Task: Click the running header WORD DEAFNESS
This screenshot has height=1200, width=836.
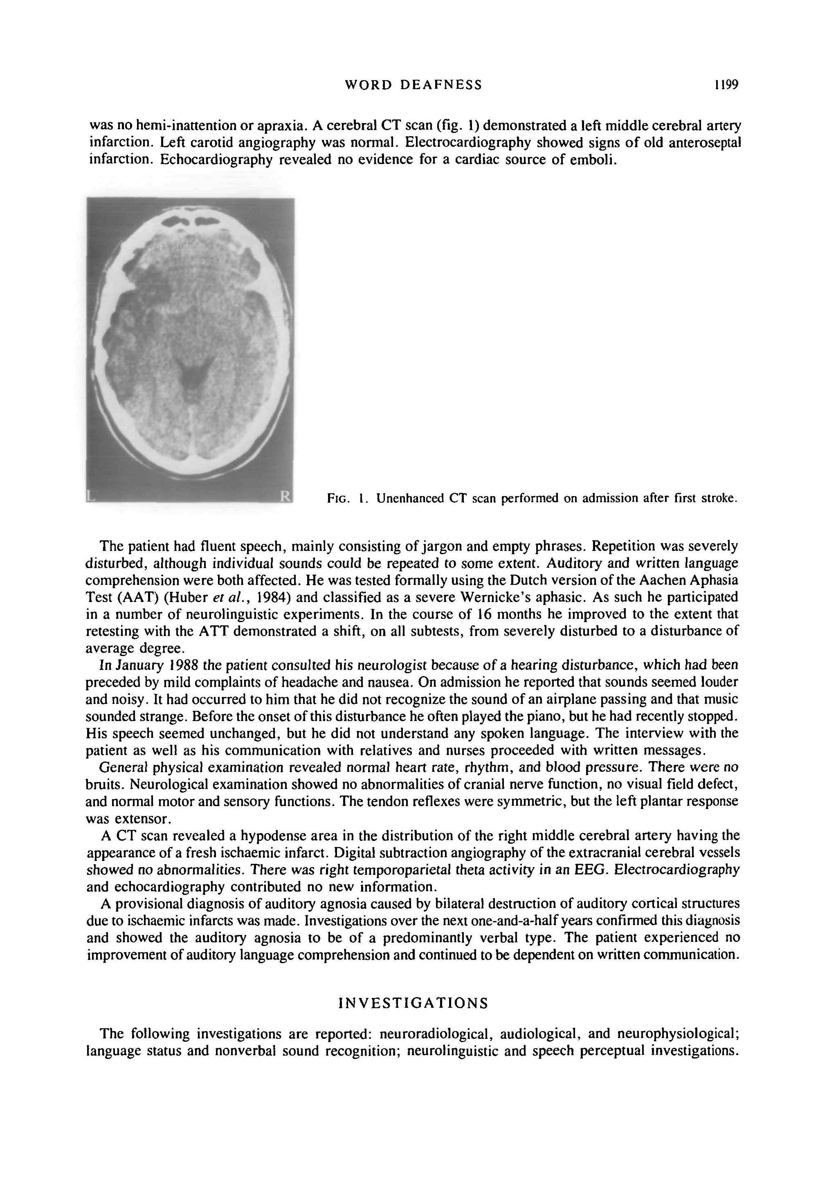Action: [x=414, y=85]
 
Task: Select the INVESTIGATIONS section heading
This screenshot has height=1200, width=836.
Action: [x=414, y=1003]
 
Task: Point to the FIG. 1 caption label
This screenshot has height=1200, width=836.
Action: [x=344, y=498]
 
